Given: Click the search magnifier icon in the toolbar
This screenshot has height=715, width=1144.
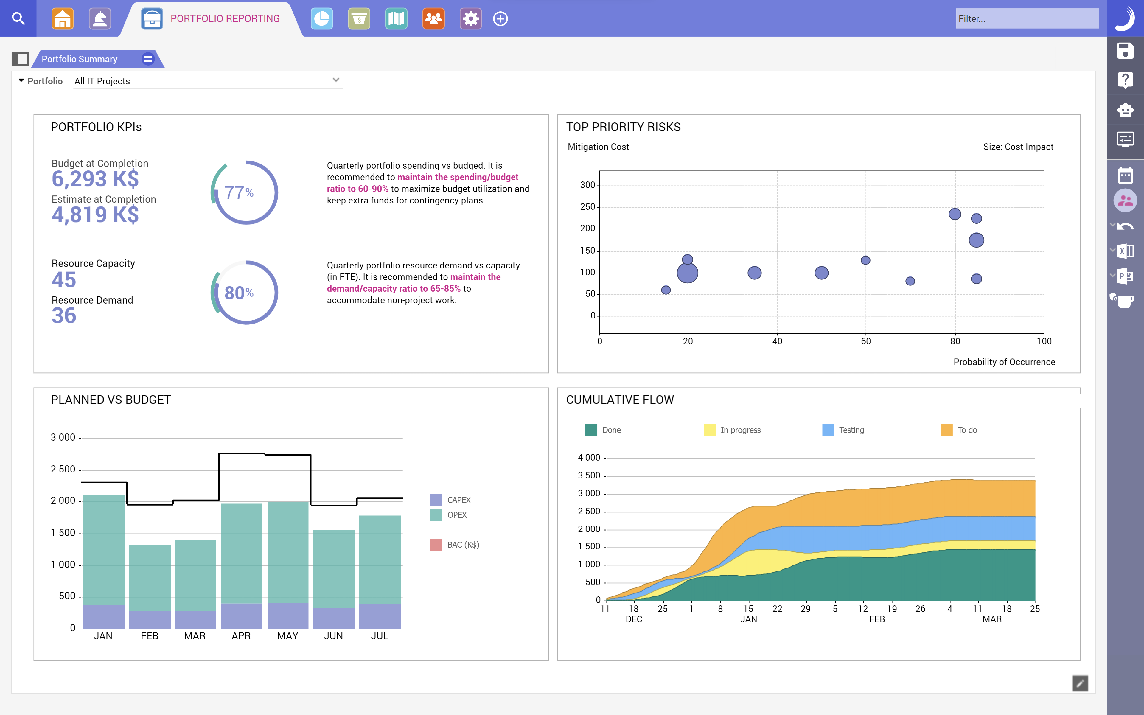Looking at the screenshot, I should coord(18,18).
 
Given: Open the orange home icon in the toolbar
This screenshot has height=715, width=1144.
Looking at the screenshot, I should coord(62,18).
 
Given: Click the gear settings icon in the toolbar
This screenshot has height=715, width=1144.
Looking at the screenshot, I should coord(470,18).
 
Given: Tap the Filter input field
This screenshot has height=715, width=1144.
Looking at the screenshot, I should coord(1027,18).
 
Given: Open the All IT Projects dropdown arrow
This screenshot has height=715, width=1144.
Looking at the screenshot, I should coord(336,80).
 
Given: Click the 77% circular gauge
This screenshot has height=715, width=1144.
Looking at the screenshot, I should coord(244,192).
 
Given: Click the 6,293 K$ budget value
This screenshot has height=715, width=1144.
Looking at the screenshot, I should coord(95,179).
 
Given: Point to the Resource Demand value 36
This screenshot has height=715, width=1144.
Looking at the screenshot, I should coord(64,315).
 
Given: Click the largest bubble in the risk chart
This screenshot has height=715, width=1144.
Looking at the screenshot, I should coord(687,273).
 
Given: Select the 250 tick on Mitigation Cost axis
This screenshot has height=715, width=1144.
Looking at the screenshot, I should coord(587,207).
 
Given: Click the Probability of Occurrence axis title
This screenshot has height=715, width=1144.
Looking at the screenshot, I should coord(1004,362).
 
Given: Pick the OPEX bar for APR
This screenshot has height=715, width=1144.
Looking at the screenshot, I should coord(242,553).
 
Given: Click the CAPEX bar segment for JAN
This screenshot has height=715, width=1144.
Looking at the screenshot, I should coord(104,617).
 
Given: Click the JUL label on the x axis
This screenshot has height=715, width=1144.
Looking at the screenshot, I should coord(380,636).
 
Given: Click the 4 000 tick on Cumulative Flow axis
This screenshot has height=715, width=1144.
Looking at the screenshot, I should coord(589,457).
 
